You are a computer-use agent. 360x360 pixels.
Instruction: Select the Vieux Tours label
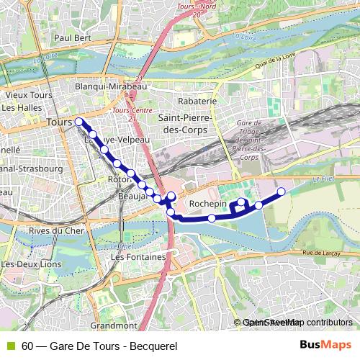[26, 95]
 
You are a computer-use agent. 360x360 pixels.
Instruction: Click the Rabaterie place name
[192, 102]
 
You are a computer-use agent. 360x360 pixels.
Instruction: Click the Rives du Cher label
[52, 230]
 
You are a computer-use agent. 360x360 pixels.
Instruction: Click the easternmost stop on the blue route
[282, 191]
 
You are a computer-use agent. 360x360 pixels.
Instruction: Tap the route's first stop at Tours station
[78, 122]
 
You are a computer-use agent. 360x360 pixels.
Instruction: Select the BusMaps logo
[325, 346]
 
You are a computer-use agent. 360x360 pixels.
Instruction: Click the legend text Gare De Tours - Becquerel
[94, 346]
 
